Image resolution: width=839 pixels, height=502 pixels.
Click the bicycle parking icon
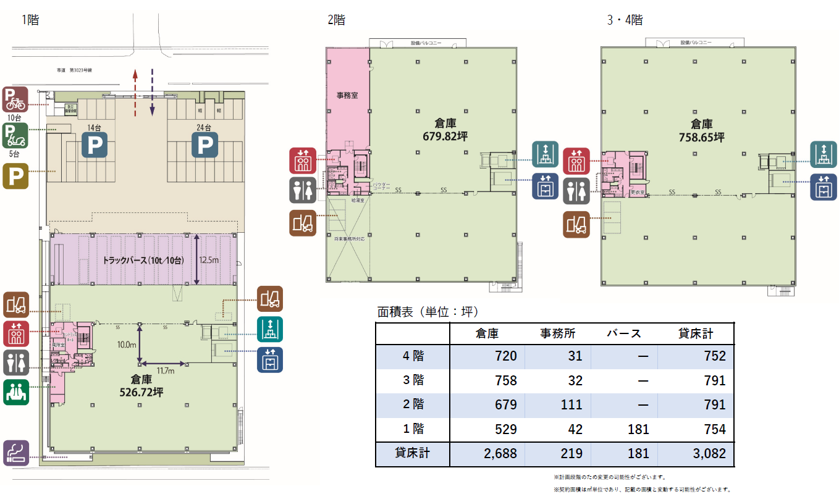click(x=15, y=99)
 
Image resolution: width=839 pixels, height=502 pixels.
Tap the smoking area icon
click(x=15, y=453)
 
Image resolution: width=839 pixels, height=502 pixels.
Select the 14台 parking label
click(x=94, y=128)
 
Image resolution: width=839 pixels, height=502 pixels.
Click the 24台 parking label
click(x=204, y=128)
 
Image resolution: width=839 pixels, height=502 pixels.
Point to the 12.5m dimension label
click(x=209, y=260)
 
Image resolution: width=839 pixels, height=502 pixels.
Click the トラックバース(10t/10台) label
click(x=144, y=260)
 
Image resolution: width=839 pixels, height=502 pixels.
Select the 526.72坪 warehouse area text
click(x=141, y=391)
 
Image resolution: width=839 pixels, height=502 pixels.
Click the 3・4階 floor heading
click(x=625, y=20)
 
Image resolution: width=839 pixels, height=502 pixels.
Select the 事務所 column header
click(x=558, y=333)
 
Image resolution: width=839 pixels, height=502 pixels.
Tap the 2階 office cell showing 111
click(x=571, y=404)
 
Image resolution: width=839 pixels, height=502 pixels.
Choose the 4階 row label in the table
click(x=413, y=356)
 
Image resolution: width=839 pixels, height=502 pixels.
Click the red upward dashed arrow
click(x=135, y=93)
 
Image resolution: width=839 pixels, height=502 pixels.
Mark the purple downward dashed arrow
click(x=152, y=93)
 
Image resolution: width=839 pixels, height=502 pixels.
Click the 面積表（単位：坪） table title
click(x=428, y=311)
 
